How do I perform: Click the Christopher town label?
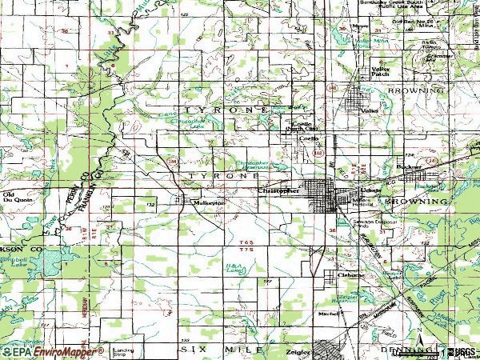(x=278, y=190)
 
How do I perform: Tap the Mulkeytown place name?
(x=210, y=203)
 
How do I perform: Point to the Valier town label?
(x=369, y=110)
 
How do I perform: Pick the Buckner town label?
(x=409, y=167)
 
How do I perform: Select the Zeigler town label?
(x=298, y=350)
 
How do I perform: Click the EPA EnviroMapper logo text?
(x=53, y=351)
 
